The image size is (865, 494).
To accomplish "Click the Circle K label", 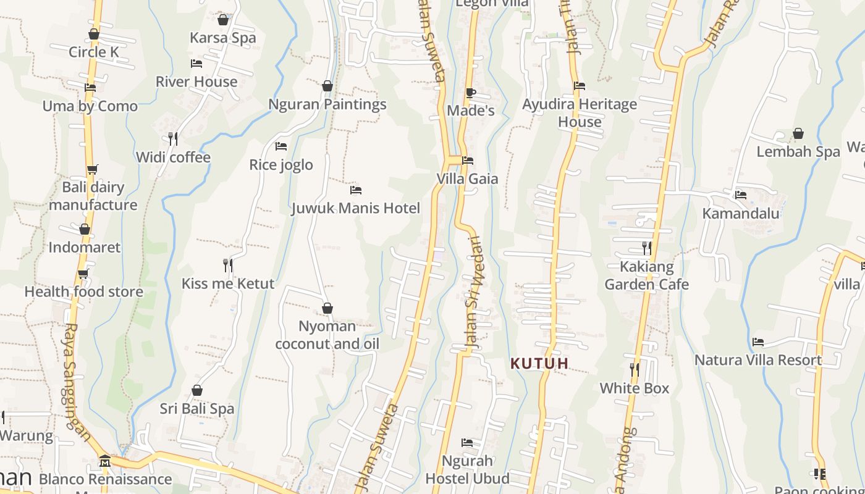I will point(94,52).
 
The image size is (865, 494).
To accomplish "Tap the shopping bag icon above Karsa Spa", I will point(223,20).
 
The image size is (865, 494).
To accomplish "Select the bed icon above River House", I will point(196,64).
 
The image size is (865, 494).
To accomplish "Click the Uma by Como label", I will point(90,106).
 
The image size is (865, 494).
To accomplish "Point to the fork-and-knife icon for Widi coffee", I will point(173,139).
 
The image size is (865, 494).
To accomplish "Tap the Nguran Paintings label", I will point(327,104).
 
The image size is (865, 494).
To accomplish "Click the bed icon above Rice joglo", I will point(281,146).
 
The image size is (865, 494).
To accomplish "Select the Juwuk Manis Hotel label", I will point(356,208).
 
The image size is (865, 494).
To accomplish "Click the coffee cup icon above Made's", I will point(470,93).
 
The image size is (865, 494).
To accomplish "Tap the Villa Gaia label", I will point(467,179).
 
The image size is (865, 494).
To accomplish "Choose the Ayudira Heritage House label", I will point(580,113).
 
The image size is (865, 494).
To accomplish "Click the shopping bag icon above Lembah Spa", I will point(798,133).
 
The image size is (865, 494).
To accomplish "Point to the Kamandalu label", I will point(741,214).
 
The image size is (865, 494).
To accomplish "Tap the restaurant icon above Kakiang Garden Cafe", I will point(646,248).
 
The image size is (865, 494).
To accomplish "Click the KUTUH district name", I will point(539,364).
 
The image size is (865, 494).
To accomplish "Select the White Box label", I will point(635,388).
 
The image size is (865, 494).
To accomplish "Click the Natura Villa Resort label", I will point(758,360).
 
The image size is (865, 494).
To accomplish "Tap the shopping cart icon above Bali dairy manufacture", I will point(93,169).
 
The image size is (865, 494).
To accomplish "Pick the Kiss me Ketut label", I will point(228,284).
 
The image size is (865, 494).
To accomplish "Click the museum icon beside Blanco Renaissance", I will point(104,461).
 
